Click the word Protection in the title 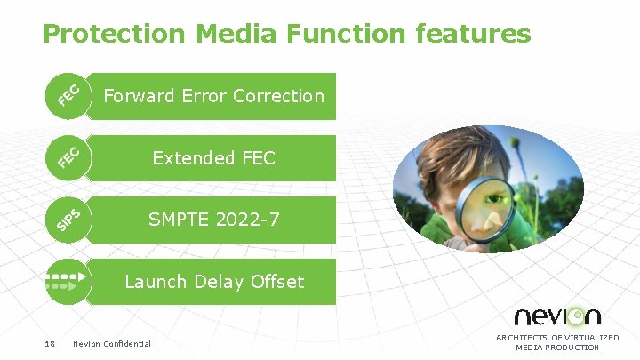pos(115,34)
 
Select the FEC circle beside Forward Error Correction pos(69,95)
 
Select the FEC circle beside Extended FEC pos(69,157)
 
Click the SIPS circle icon pos(69,220)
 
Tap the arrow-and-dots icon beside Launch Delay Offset pos(69,282)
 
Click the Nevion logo pos(557,316)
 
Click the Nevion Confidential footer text pos(112,344)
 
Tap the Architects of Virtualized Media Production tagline pos(557,342)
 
